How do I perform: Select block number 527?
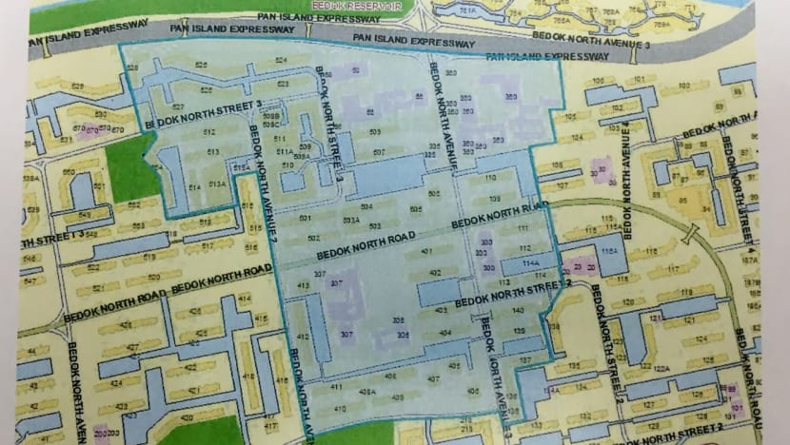[x=178, y=106]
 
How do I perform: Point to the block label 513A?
[x=216, y=183]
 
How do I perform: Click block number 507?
[x=379, y=152]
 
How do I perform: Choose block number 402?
[x=435, y=274]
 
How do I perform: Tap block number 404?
[x=444, y=333]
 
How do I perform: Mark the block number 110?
[x=491, y=179]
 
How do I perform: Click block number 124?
[x=701, y=339]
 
